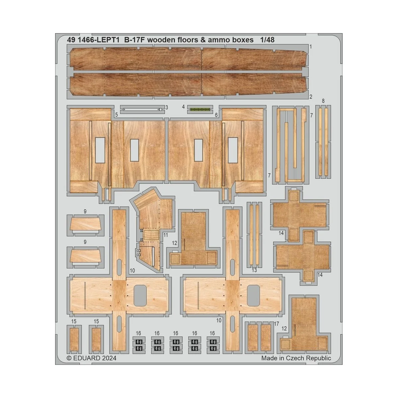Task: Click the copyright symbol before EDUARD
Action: tap(69, 358)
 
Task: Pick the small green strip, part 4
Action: tap(200, 109)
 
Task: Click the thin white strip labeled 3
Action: tap(142, 109)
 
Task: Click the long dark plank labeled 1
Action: tap(188, 58)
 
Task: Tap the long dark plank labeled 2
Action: tap(188, 85)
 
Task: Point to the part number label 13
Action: tap(254, 270)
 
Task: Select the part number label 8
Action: tap(323, 101)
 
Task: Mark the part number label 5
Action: tap(116, 115)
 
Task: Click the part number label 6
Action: tap(216, 115)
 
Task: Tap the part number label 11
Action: tap(166, 235)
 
